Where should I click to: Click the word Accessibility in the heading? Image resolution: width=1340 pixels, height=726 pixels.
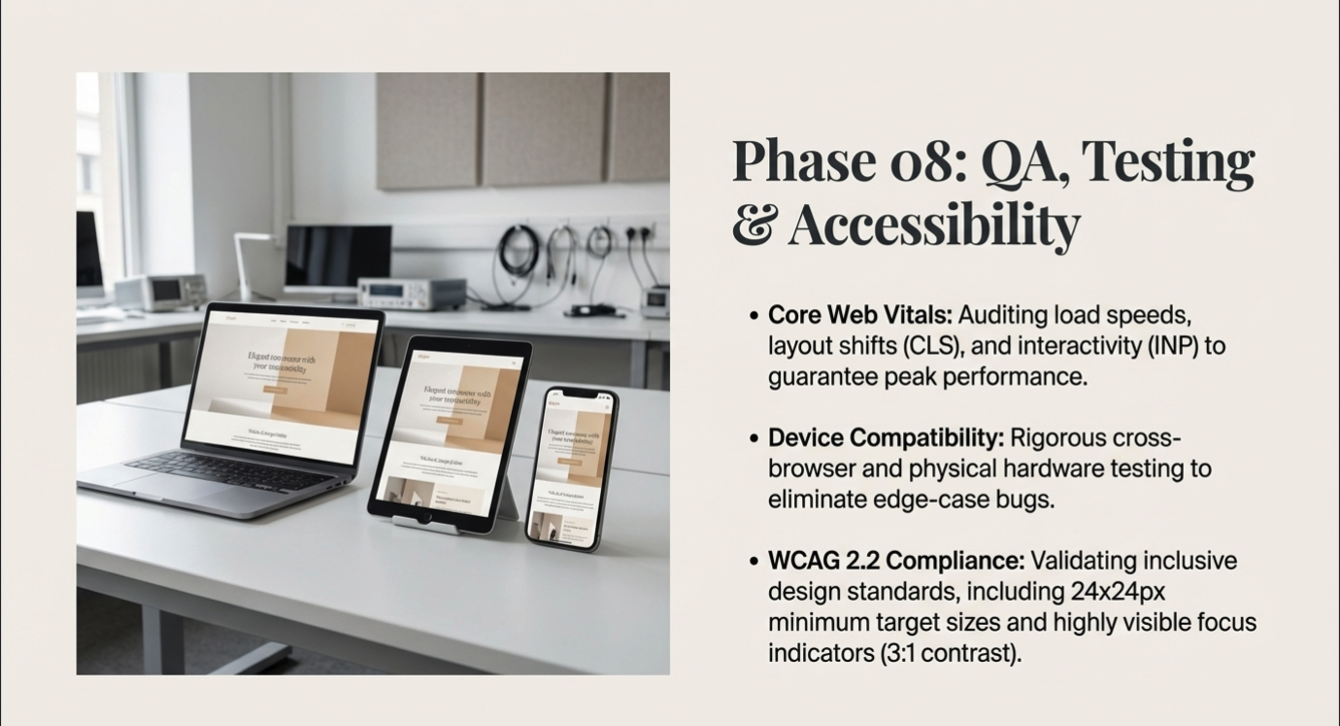click(x=933, y=225)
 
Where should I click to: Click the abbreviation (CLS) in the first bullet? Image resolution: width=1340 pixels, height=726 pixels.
click(x=908, y=346)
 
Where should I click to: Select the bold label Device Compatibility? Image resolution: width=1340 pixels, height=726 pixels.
click(x=886, y=437)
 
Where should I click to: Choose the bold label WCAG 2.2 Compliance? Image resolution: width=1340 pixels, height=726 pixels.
click(x=896, y=561)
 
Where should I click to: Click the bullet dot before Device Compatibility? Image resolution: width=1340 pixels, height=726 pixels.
click(x=754, y=438)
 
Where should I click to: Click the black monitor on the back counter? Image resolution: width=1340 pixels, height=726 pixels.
click(x=338, y=256)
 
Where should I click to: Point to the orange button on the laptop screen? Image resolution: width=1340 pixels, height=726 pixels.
click(x=275, y=389)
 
